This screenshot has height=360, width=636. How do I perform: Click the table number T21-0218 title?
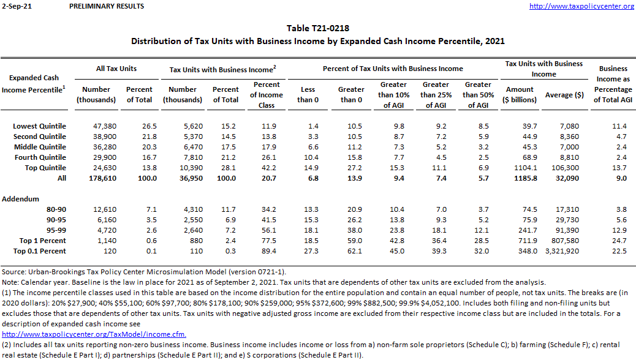[x=318, y=28]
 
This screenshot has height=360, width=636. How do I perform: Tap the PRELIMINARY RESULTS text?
[x=107, y=6]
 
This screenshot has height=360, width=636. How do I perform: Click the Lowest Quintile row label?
[x=39, y=126]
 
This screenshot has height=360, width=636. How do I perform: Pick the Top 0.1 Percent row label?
[x=39, y=251]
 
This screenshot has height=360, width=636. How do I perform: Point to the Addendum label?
[x=20, y=199]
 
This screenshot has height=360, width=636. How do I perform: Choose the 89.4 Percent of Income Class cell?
[x=267, y=251]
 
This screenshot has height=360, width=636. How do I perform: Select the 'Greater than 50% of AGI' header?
[x=478, y=94]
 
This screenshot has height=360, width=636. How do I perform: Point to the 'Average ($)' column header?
[x=564, y=94]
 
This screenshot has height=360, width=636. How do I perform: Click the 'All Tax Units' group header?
[x=116, y=69]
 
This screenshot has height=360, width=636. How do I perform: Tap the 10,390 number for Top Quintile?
[x=182, y=168]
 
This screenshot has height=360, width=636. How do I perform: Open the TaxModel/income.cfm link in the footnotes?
[x=94, y=334]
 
